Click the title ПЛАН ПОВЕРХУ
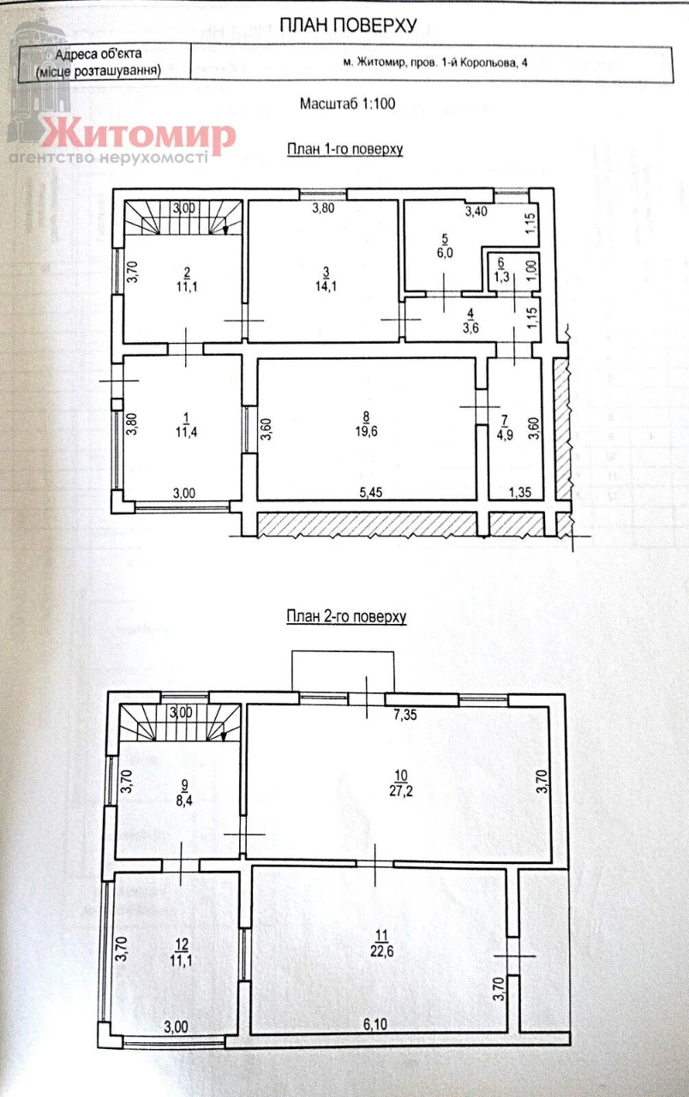pos(348,26)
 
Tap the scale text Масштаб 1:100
pos(347,104)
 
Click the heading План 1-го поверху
pos(344,149)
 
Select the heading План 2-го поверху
pos(346,616)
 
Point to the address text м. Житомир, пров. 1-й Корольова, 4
pos(434,63)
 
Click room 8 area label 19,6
pos(366,431)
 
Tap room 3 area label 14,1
pos(326,286)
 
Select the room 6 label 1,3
pos(501,277)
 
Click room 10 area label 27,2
pos(401,791)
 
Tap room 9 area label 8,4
pos(184,801)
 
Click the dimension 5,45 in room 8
pos(371,492)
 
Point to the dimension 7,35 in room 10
pos(405,715)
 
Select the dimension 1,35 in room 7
pos(519,492)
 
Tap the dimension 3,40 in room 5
pos(476,211)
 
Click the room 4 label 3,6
pos(470,327)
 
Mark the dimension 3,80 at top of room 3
pos(323,207)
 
